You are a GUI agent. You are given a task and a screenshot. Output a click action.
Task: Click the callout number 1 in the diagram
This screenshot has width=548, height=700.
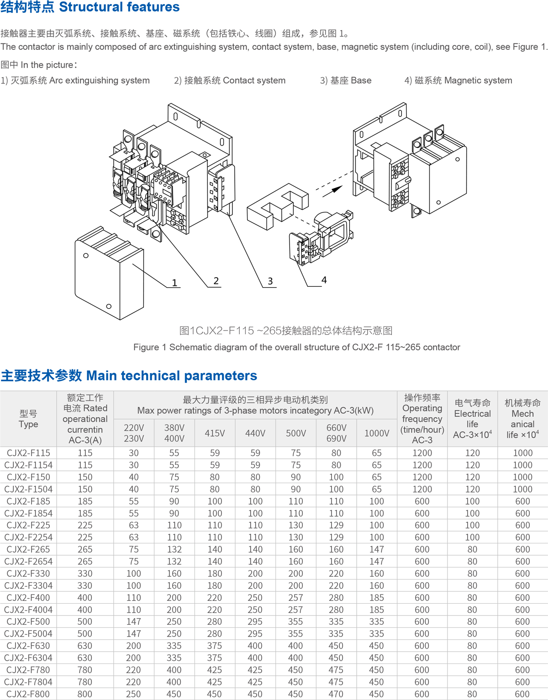pos(174,283)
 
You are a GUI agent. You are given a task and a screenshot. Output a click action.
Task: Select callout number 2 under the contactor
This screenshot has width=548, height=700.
pos(216,281)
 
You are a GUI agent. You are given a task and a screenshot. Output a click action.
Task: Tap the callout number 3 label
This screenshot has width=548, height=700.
pos(270,281)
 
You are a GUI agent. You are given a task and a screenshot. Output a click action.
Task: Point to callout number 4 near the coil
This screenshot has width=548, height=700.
pos(324,280)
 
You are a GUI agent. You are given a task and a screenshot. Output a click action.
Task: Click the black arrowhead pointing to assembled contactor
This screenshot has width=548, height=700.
pos(337,189)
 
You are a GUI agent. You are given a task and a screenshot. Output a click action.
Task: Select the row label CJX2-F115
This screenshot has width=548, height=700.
pos(28,453)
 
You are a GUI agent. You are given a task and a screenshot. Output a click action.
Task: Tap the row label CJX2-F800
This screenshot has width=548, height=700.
pos(28,694)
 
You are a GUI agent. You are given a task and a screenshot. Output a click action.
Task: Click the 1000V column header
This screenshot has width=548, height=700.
pos(377,433)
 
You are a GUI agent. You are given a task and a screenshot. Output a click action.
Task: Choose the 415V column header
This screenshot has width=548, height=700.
pos(215,433)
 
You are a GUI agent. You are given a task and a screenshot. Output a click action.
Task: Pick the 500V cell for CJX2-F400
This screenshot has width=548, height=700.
pos(295,598)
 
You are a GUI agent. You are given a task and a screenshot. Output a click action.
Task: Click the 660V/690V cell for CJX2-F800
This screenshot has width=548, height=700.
pos(336,694)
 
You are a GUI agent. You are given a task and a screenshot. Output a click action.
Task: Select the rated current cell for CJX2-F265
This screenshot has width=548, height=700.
pos(85,549)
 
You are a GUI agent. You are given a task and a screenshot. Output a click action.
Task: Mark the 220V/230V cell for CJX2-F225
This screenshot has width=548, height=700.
pos(133,525)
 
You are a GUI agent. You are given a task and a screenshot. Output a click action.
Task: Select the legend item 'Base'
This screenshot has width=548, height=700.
pos(346,80)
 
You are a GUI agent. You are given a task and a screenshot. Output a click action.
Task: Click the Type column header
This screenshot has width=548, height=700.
pos(28,419)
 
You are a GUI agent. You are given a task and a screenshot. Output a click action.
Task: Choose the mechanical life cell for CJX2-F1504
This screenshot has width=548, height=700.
pos(522,489)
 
